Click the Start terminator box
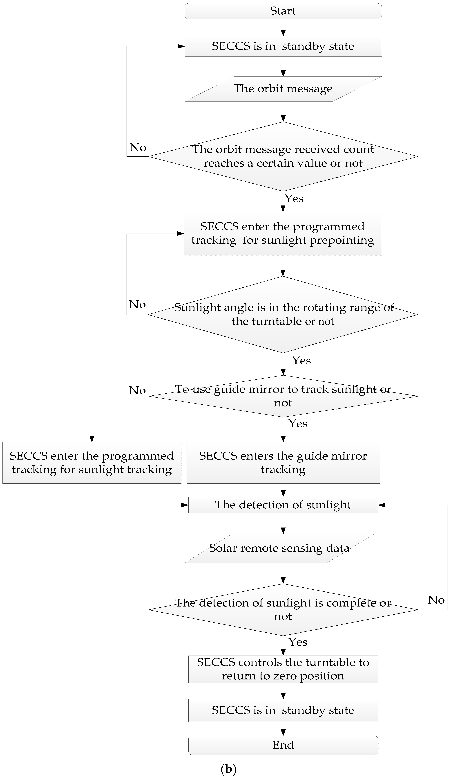[283, 11]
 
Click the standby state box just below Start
[283, 46]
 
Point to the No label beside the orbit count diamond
[138, 148]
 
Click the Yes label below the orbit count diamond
[294, 198]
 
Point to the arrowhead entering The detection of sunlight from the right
[382, 505]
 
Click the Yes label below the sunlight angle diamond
[301, 361]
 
